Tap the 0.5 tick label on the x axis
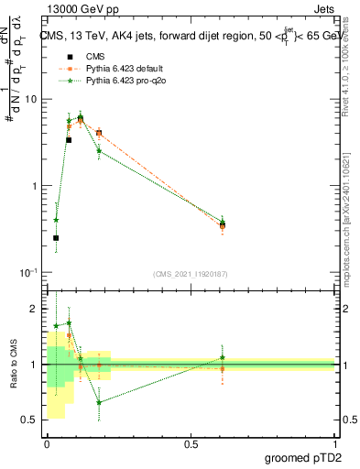(x=191, y=443)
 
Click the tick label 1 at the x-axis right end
(x=333, y=443)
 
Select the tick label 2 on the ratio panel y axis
(x=34, y=309)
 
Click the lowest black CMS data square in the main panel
(x=56, y=238)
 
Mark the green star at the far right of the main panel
(x=222, y=221)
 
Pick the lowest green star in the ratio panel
(x=99, y=402)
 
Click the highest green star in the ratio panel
(x=69, y=322)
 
